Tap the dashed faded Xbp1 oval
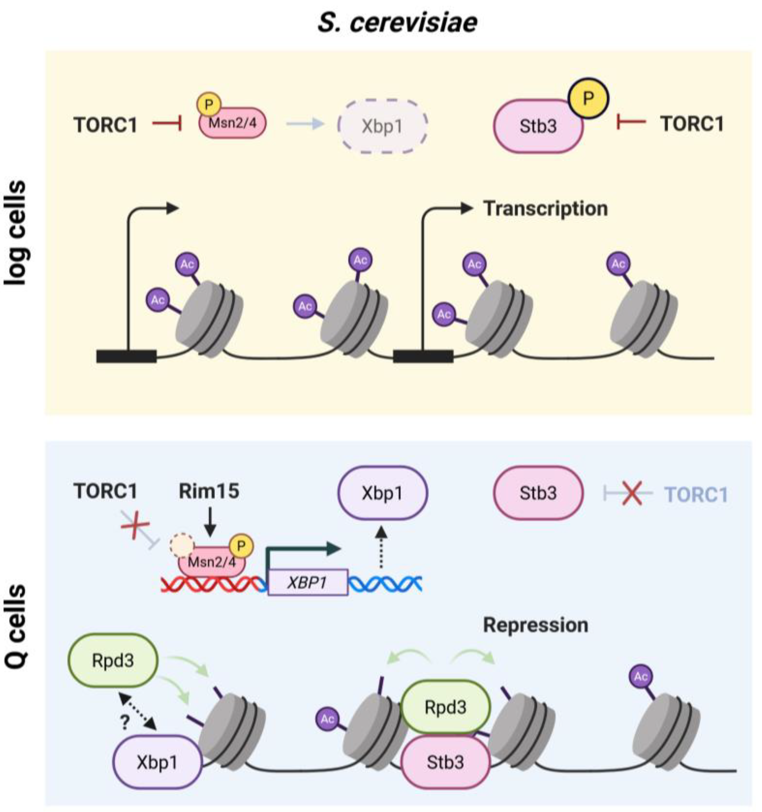382,126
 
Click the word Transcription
546,209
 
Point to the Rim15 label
209,491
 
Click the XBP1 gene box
308,582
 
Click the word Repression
535,625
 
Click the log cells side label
15,233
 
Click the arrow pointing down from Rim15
210,522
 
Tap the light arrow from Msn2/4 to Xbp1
306,123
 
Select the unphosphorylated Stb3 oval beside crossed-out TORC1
538,493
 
